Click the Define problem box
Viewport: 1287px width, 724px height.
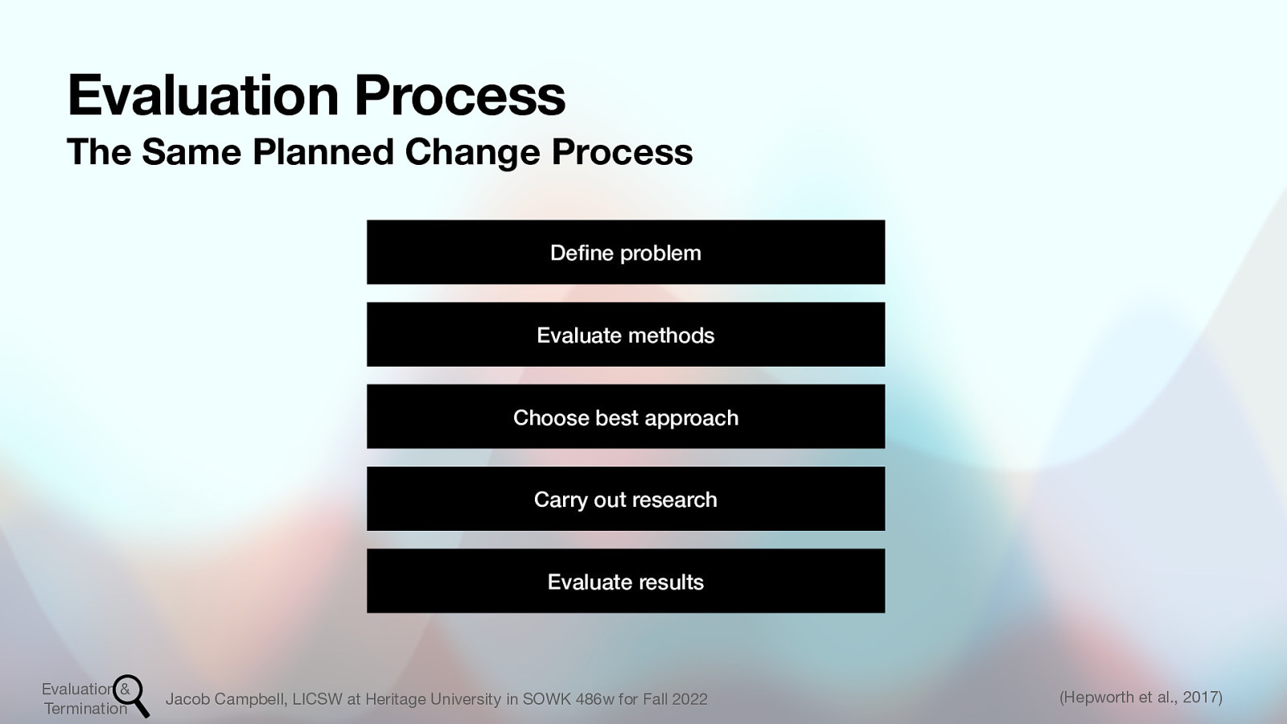click(626, 252)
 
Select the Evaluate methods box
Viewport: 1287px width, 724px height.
click(626, 335)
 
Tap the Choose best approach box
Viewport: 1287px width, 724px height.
click(626, 417)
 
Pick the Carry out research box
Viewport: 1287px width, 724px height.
click(626, 499)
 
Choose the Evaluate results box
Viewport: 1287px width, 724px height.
click(626, 581)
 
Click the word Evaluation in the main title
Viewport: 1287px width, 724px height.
click(204, 95)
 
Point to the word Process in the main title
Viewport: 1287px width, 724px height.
click(459, 95)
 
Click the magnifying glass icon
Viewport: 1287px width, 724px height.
click(131, 694)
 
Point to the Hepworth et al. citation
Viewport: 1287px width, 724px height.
click(1118, 697)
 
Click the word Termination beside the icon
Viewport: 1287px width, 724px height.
click(85, 709)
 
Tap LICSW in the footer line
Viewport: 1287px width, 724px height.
click(317, 699)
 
